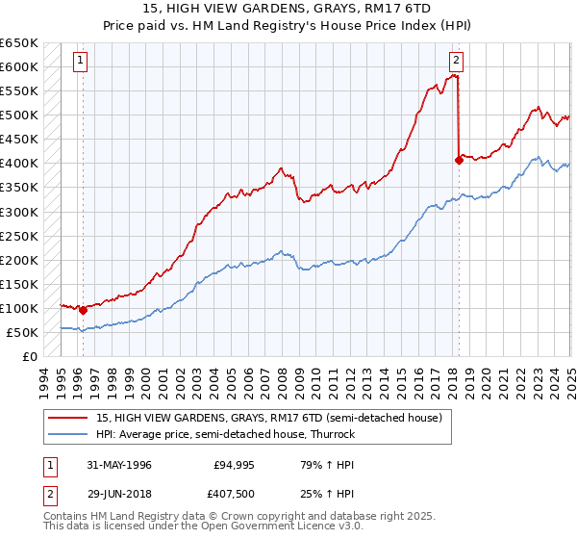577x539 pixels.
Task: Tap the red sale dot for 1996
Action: tap(84, 311)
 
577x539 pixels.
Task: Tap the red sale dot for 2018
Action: tap(459, 161)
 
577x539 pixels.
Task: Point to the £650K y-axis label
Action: tap(19, 43)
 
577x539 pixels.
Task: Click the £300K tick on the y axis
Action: tap(19, 212)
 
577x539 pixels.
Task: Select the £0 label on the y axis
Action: tap(29, 356)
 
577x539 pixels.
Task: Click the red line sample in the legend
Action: tap(68, 418)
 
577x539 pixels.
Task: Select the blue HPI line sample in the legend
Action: tap(68, 434)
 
